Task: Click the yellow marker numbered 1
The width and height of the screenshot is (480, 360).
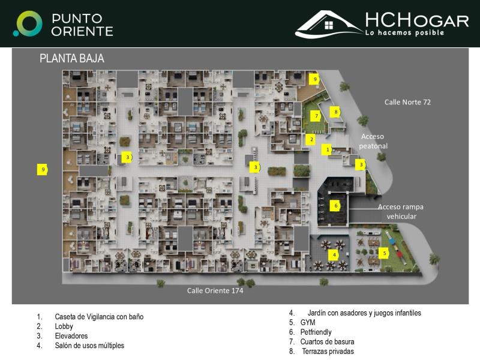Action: (328, 149)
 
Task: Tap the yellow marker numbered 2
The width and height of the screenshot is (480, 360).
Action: (311, 139)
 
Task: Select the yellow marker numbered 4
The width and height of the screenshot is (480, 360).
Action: (334, 255)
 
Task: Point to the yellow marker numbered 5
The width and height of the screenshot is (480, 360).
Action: (385, 253)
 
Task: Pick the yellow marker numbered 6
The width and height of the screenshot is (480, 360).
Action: (336, 206)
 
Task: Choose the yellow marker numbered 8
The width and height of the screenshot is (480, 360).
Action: (336, 112)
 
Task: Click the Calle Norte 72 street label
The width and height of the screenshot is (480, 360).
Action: (407, 102)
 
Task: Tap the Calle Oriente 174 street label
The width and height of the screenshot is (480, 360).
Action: (215, 290)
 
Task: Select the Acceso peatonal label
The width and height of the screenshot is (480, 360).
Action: (373, 141)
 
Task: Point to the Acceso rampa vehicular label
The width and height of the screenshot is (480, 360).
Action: (401, 211)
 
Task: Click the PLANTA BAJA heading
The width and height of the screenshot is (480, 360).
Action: (72, 59)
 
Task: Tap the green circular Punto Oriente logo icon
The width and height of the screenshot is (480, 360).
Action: (28, 23)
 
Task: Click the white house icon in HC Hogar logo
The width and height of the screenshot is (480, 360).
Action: (328, 25)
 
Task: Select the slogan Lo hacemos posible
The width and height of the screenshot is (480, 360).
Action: (404, 32)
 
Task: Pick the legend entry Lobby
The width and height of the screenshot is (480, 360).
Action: (64, 326)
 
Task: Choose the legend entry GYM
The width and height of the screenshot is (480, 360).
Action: (308, 322)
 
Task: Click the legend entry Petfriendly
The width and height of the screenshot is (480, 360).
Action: (316, 332)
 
